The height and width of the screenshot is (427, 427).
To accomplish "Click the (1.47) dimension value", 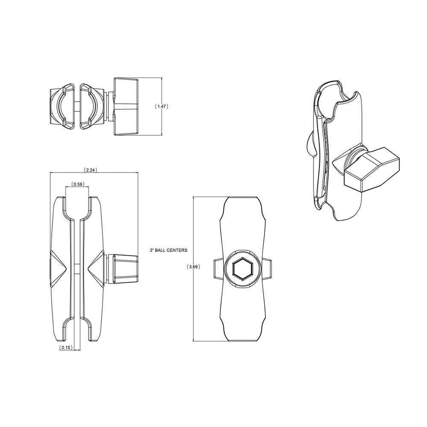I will [161, 107].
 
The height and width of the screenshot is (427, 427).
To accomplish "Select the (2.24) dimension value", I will [90, 170].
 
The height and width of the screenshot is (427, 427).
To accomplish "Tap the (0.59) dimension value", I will [77, 184].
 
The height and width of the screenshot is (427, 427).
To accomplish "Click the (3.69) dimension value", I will [193, 266].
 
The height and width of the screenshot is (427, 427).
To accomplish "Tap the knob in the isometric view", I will [371, 168].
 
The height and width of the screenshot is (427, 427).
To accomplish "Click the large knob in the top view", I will [126, 107].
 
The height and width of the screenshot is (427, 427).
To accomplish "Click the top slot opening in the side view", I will [77, 207].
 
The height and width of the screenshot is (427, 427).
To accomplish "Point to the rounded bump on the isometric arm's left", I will [309, 143].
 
